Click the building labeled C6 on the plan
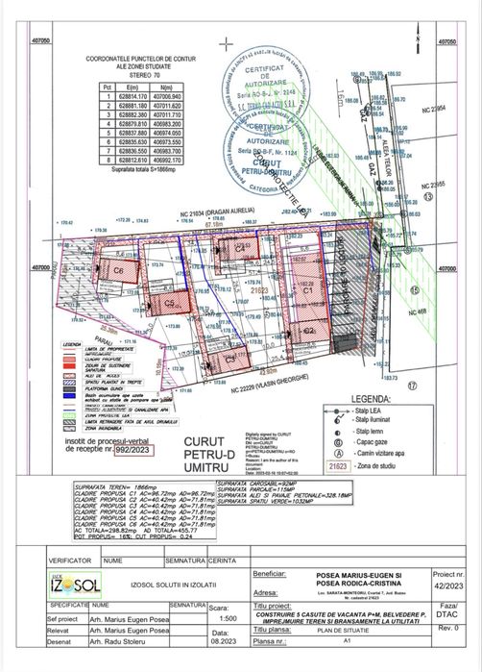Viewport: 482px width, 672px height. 119,270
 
